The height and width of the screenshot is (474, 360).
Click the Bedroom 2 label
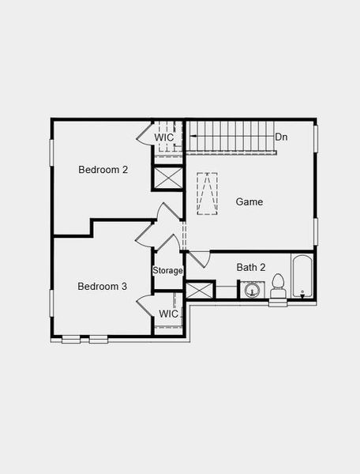click(103, 169)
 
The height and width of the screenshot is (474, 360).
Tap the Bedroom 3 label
click(102, 286)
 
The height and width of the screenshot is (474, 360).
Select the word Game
click(249, 201)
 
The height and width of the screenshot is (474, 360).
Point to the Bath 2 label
click(251, 267)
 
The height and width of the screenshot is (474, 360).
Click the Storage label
click(167, 270)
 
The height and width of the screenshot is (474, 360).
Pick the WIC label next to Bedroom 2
click(164, 137)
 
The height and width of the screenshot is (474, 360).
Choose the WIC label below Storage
click(168, 314)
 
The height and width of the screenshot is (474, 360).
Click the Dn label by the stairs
click(281, 137)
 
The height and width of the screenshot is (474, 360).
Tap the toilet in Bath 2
click(278, 286)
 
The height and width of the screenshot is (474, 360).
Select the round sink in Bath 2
click(252, 290)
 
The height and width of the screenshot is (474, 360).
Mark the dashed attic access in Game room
click(208, 194)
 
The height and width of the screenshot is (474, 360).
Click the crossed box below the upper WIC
click(167, 177)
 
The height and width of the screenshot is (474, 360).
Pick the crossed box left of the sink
click(200, 289)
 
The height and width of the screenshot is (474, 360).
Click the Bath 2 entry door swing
click(197, 259)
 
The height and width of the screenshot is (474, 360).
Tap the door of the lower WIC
click(144, 306)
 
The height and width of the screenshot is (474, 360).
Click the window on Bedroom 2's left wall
click(52, 152)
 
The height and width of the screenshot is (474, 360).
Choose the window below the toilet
click(279, 303)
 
